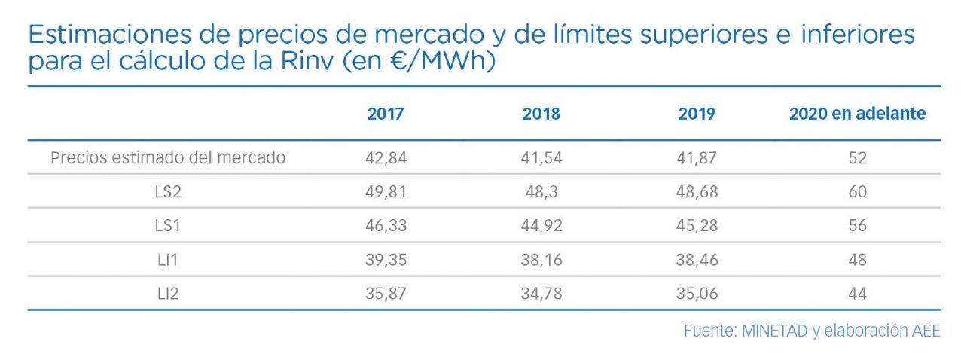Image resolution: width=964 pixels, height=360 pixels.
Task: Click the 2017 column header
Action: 386,114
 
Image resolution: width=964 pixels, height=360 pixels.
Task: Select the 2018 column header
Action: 541,114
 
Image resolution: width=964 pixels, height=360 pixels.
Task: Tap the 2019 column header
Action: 697,114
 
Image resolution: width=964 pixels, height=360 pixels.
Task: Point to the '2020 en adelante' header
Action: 857,114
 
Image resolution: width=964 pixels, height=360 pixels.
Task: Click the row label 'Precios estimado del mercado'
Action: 168,158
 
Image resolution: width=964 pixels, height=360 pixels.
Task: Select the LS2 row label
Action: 168,192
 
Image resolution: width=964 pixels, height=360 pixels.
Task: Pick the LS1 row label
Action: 168,226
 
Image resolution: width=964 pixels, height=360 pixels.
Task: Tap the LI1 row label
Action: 168,260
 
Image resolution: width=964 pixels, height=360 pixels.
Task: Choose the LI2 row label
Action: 168,294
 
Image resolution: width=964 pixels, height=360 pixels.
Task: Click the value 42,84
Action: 386,158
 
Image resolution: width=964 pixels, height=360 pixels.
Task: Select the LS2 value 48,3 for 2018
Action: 541,192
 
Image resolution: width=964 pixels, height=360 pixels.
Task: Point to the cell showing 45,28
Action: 697,226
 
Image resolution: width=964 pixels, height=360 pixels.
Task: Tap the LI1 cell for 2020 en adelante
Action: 857,260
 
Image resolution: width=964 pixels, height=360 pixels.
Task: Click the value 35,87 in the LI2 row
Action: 386,294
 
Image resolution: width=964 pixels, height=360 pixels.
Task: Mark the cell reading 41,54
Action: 541,158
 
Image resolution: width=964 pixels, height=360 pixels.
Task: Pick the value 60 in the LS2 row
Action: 857,192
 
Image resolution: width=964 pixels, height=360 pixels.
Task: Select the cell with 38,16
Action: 541,260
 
